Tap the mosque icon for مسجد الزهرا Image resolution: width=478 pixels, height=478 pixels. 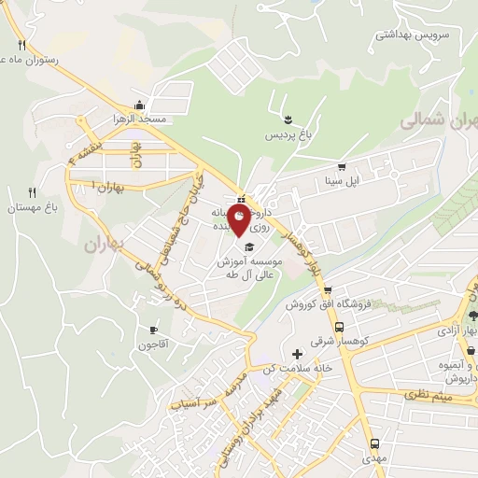(139, 105)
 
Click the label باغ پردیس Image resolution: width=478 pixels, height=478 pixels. (287, 137)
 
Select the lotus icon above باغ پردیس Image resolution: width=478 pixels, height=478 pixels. (288, 119)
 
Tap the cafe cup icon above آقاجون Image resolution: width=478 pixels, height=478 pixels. (154, 330)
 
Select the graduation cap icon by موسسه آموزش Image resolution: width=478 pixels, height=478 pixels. (250, 246)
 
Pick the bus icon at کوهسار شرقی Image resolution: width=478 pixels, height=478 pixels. (339, 328)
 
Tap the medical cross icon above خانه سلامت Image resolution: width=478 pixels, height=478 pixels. (298, 354)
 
